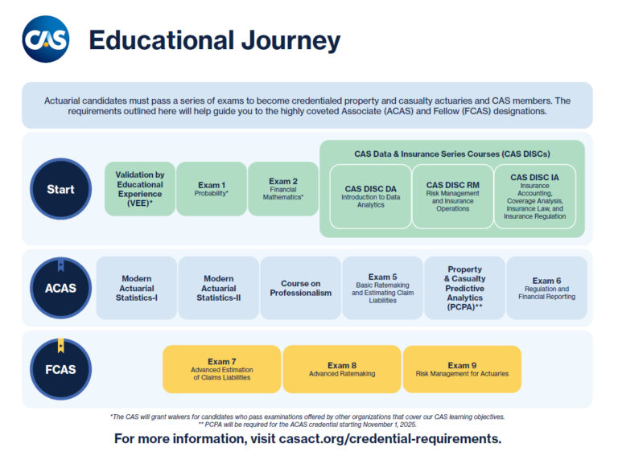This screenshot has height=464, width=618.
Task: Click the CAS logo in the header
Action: point(46,39)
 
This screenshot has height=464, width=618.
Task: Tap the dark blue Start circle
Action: point(60,189)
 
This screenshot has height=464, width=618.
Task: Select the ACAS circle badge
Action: point(60,287)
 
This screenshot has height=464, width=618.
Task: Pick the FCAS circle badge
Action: point(60,370)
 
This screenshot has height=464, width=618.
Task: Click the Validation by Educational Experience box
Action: point(139,189)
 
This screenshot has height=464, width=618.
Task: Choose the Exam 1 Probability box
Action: point(212,189)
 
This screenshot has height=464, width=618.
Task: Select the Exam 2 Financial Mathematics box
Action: point(283,189)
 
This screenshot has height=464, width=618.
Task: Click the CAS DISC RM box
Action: point(452,196)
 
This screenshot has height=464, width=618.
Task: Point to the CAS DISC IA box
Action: point(535,196)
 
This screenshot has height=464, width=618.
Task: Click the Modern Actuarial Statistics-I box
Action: point(137,288)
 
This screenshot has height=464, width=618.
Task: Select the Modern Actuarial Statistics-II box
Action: point(218,288)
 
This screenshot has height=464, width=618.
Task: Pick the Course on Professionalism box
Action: point(300,288)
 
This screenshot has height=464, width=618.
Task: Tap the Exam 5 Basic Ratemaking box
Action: point(382,288)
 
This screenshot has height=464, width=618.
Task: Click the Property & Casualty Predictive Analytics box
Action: point(464,288)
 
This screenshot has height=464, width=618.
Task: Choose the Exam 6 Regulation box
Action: point(546,288)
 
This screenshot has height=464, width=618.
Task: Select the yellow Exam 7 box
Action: point(221,369)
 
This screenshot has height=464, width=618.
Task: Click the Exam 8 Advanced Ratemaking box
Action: point(341,369)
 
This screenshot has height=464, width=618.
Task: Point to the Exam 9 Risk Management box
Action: point(462,369)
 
